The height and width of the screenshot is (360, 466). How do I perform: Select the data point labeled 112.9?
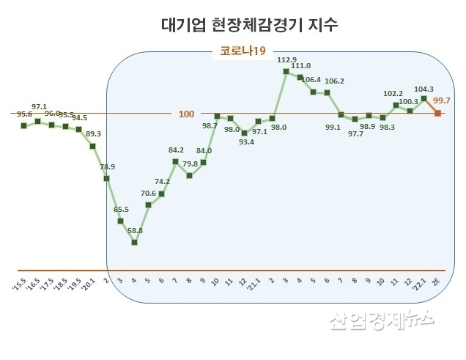tap(286, 70)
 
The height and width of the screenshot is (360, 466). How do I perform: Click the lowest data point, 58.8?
tap(134, 241)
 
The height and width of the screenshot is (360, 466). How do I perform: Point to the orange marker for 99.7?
tap(437, 113)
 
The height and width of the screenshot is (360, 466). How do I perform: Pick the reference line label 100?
tap(187, 114)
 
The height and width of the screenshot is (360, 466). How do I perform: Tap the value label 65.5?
tap(121, 210)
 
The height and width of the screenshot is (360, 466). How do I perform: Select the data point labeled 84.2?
tap(176, 161)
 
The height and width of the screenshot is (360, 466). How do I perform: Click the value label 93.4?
tap(245, 142)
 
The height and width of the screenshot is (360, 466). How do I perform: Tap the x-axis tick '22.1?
tap(421, 283)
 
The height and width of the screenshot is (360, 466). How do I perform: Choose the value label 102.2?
tap(393, 94)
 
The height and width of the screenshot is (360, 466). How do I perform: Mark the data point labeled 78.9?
tap(107, 177)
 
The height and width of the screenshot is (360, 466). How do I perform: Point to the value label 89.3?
tap(93, 134)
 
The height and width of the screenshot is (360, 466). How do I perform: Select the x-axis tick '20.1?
tap(91, 283)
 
